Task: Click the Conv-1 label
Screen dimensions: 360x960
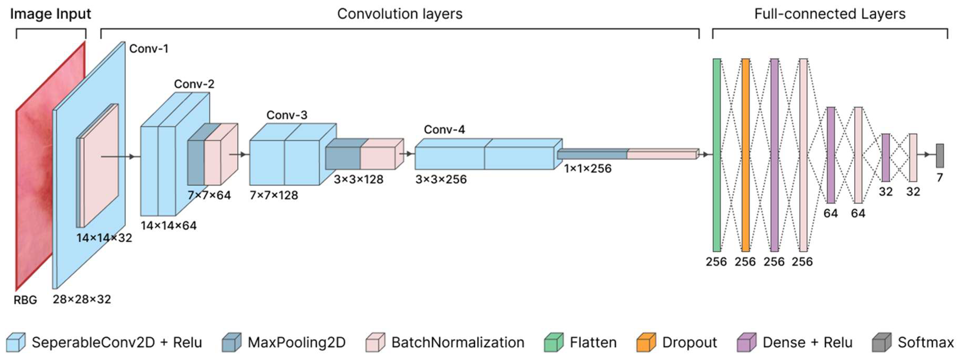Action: point(149,49)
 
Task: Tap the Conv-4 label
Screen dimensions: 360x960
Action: point(444,130)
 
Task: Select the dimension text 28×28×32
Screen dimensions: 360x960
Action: point(82,299)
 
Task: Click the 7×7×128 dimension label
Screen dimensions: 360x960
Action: point(274,195)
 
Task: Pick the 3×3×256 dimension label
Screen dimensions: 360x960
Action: point(441,180)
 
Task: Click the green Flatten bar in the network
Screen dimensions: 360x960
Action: point(717,155)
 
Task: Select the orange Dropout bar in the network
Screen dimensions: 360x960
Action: point(745,155)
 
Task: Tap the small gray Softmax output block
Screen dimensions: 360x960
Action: point(940,156)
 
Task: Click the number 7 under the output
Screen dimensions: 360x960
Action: point(940,178)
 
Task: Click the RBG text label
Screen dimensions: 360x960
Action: point(25,300)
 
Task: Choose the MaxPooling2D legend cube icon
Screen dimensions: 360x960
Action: point(231,342)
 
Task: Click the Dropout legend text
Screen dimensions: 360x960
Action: point(690,342)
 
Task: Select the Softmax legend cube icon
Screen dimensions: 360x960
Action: point(881,342)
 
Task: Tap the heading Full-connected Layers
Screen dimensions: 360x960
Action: point(830,14)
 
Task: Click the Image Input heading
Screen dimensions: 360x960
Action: point(50,14)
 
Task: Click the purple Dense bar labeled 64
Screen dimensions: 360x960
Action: point(831,155)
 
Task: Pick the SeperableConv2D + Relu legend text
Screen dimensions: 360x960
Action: point(117,342)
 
